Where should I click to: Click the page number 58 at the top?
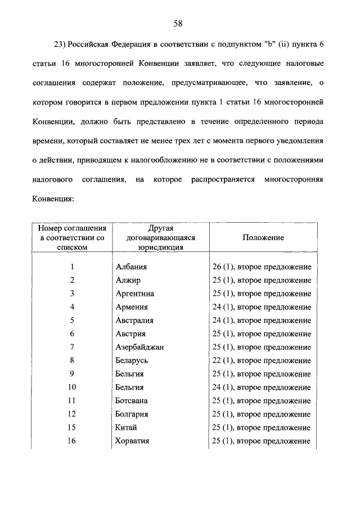(179, 23)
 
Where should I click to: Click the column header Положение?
(263, 238)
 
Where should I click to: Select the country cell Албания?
(131, 267)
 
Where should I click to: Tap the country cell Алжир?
(128, 280)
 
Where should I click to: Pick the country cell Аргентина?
(134, 294)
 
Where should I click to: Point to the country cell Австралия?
(134, 321)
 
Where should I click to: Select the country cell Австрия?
(130, 334)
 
